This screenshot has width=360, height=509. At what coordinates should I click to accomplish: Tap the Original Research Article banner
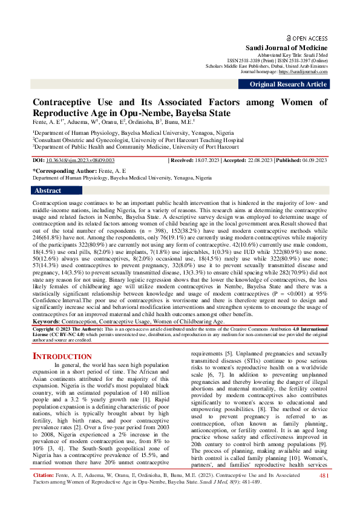click(288, 85)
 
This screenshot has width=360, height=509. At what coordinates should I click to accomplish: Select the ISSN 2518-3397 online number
click(290, 60)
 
